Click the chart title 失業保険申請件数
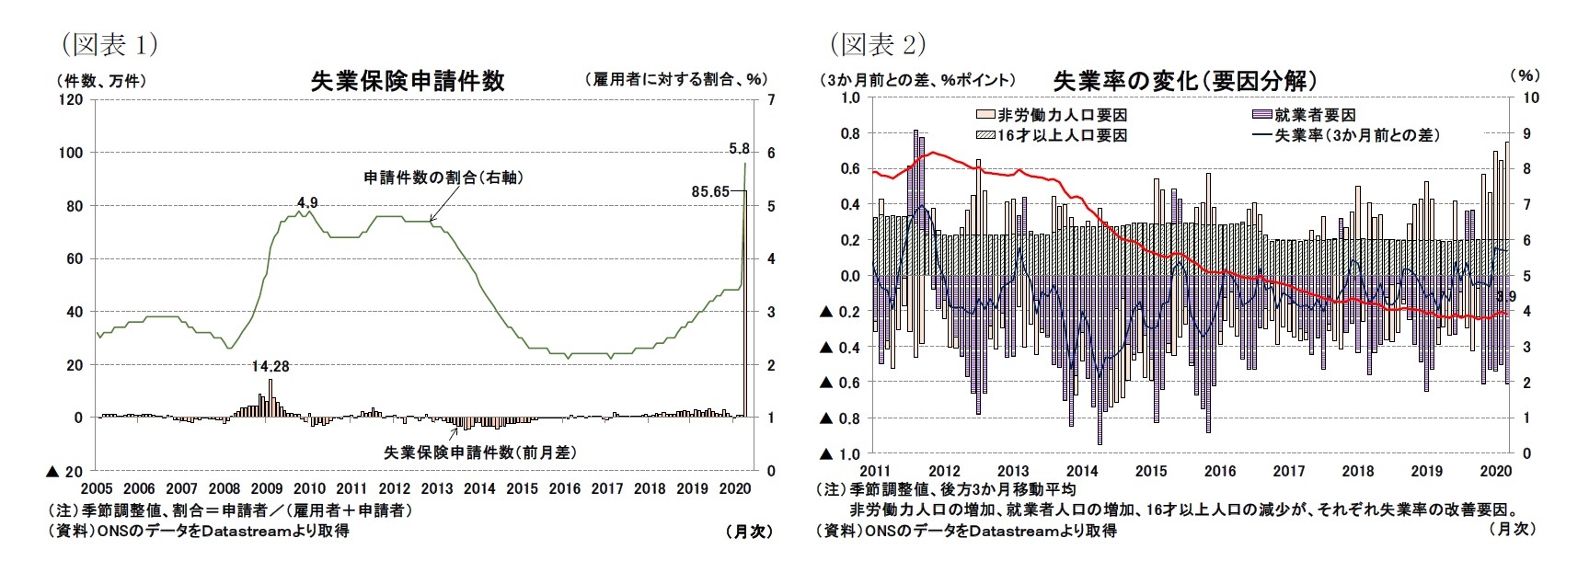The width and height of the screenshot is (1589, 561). (x=408, y=81)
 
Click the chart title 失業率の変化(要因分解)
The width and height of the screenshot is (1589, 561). (x=1185, y=81)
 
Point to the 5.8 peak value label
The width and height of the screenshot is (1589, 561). (x=738, y=148)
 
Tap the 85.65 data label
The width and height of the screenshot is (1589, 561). (x=709, y=191)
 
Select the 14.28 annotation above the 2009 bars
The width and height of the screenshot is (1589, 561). (x=271, y=366)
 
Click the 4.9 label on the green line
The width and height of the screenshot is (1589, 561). (x=307, y=202)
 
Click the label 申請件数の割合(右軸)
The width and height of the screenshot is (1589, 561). (x=443, y=177)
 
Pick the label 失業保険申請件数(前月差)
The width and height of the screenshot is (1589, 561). (x=480, y=452)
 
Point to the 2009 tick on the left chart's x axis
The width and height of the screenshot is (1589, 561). (x=267, y=488)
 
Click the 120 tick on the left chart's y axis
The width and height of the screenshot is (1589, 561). (x=70, y=99)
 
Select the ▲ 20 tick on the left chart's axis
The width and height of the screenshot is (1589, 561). (x=64, y=471)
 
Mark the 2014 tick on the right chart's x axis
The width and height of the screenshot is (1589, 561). (x=1082, y=471)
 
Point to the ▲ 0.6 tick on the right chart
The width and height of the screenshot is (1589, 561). (x=840, y=383)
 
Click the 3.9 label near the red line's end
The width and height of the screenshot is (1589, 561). (x=1506, y=297)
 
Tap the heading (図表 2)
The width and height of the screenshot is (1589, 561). (x=877, y=43)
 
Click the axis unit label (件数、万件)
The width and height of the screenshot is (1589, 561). (x=101, y=81)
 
